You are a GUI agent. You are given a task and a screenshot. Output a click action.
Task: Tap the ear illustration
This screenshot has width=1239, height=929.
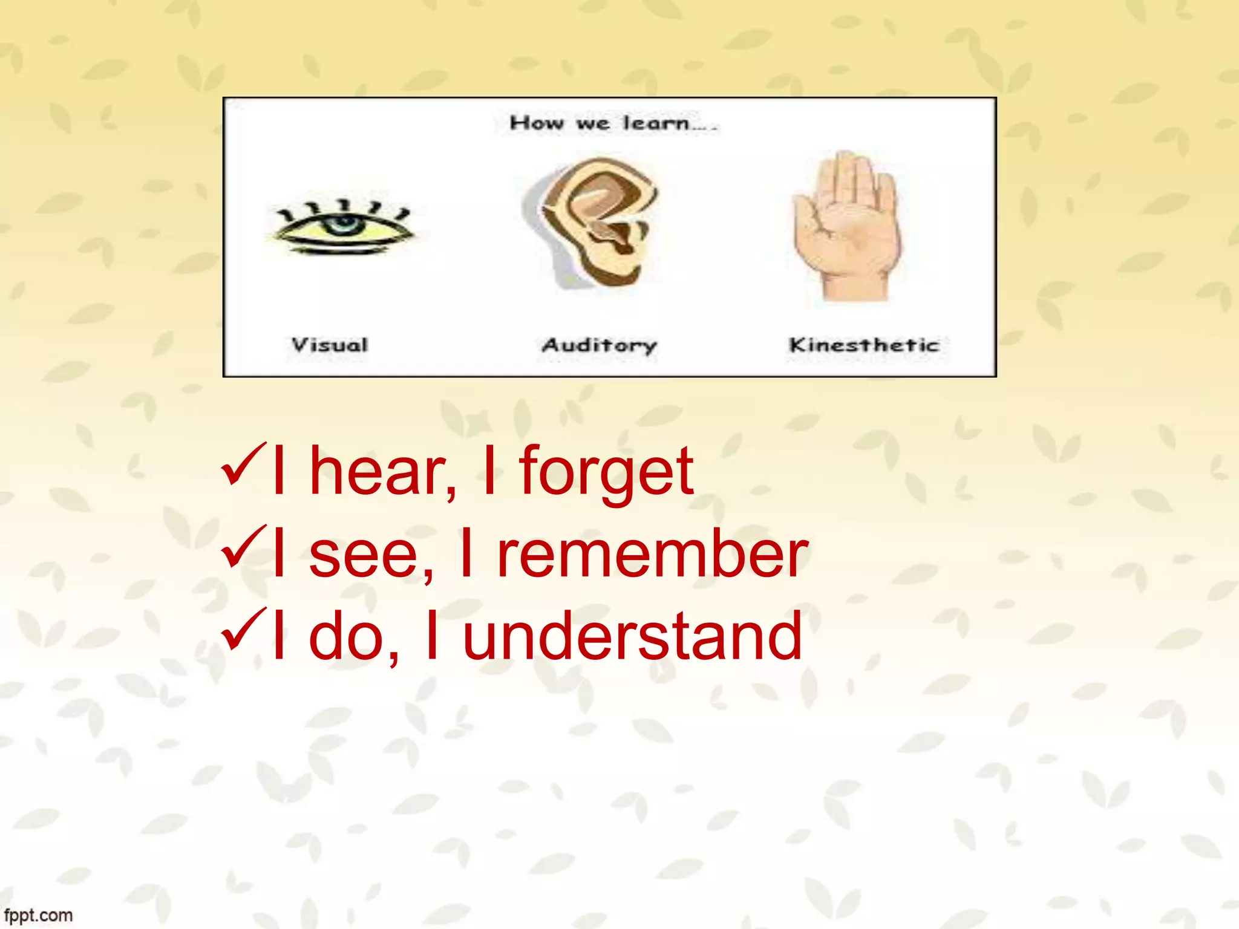point(596,221)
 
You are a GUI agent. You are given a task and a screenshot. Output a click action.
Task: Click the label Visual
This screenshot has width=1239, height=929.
point(330,345)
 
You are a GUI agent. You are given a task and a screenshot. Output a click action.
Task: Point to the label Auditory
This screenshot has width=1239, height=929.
point(599,345)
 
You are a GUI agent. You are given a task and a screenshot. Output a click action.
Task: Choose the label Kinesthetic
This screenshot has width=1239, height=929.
point(864,345)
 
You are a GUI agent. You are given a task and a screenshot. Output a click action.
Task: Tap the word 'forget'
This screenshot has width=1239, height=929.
point(606,472)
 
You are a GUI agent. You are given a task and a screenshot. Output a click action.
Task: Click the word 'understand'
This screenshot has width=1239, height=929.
point(632,636)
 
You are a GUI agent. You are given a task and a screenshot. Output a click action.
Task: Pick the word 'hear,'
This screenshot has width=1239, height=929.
point(383,472)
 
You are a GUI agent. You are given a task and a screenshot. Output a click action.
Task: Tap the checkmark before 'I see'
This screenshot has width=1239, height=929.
point(244,547)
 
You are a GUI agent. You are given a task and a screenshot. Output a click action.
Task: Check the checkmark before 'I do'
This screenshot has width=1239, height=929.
point(244,630)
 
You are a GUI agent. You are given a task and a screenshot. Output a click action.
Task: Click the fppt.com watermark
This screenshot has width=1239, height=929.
point(38,915)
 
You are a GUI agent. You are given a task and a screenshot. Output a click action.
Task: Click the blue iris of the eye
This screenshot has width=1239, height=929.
point(344,224)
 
